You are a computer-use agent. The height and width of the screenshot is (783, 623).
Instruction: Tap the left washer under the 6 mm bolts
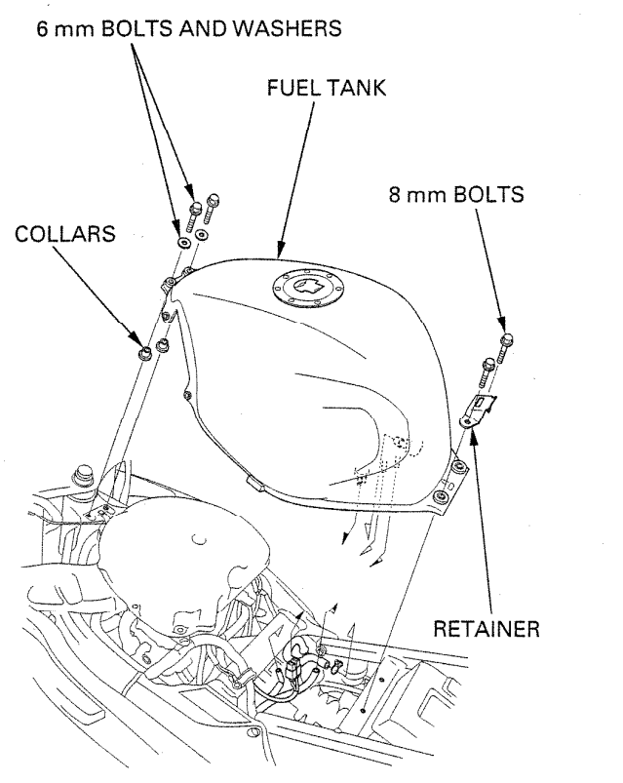(x=183, y=239)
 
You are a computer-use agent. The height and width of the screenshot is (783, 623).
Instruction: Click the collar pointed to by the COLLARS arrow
(x=144, y=351)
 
